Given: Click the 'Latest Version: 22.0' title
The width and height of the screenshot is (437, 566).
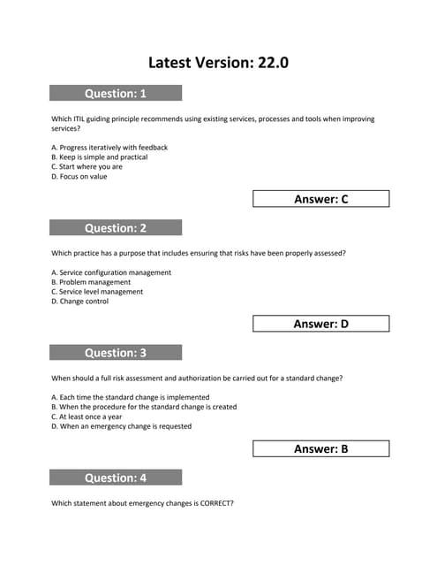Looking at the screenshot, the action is [x=218, y=62].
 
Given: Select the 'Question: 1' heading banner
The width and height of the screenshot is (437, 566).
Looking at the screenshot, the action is [x=116, y=93].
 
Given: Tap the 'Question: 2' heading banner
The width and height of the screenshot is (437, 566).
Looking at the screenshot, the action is [x=116, y=227].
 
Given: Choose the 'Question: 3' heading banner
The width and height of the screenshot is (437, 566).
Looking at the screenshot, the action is [x=116, y=353].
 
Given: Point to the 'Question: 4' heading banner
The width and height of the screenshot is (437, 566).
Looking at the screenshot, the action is [x=116, y=478].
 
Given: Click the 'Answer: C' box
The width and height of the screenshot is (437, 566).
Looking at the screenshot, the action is [x=320, y=199].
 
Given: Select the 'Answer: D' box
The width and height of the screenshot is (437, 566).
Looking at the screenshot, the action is [x=320, y=324].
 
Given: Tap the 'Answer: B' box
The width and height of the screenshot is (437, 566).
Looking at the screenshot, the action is [x=320, y=448].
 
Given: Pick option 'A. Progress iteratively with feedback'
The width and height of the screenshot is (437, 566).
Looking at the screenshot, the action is [x=109, y=148].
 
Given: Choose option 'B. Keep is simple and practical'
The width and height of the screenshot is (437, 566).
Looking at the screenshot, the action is [x=100, y=157].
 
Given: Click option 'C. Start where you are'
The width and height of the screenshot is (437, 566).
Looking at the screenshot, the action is [x=87, y=166].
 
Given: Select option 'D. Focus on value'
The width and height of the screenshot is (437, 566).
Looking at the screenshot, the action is [x=79, y=176].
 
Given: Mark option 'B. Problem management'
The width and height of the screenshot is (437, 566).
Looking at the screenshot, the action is [x=91, y=282].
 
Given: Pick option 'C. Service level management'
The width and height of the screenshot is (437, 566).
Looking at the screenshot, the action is [x=97, y=292].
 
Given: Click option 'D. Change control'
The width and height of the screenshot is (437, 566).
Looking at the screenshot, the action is [x=80, y=302].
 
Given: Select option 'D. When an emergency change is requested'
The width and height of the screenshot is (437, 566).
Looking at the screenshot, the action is [x=122, y=426].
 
